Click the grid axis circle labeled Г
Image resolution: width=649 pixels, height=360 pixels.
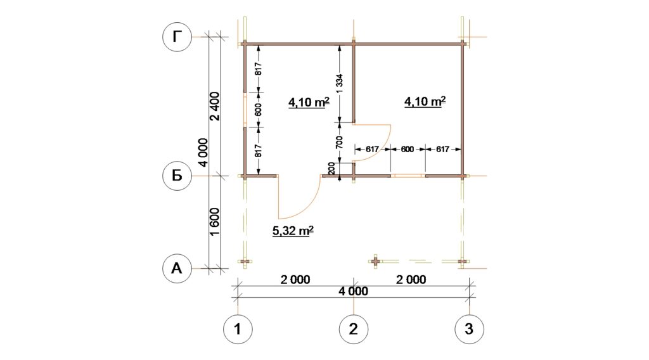coord(177,37)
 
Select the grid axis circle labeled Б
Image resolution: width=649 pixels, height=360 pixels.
coord(177,176)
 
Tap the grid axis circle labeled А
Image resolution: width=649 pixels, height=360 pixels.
coord(177,268)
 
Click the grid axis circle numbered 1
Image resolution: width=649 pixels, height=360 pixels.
coord(238,329)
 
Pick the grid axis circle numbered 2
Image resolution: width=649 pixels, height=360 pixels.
coord(354,329)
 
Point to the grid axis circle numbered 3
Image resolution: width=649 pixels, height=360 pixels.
coord(469,329)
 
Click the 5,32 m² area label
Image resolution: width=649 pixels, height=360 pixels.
coord(293,231)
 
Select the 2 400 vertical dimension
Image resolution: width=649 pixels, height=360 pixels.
coord(215,106)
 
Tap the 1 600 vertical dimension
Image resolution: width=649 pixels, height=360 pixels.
coord(215,222)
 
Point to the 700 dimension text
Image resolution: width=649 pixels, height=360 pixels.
coord(340,143)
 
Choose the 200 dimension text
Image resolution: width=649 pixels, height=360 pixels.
coord(331,169)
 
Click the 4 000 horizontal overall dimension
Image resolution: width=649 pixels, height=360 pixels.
coord(353,292)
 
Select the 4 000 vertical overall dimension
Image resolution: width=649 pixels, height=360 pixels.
coord(203,152)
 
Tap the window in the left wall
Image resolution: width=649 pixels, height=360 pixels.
coord(245,110)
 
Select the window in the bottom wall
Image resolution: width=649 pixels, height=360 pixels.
coord(408,176)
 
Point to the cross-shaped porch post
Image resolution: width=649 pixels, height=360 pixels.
coord(375,262)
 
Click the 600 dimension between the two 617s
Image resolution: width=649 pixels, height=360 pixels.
coord(408,150)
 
